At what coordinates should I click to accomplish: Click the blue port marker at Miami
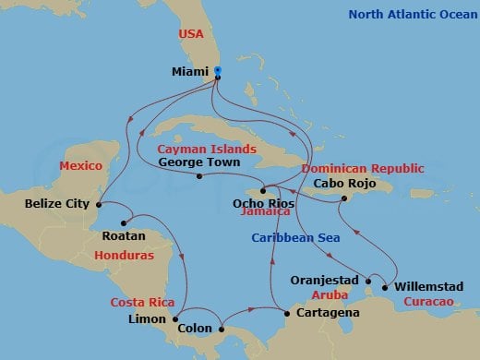tap(217, 70)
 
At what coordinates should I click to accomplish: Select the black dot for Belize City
tap(97, 205)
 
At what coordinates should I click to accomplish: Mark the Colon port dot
tap(222, 328)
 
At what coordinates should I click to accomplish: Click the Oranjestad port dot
tap(368, 281)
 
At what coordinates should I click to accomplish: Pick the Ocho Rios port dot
tap(263, 190)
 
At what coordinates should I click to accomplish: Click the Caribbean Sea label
tap(295, 238)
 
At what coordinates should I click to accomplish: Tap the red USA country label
tap(190, 36)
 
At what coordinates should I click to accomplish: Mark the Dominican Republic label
tap(364, 168)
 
